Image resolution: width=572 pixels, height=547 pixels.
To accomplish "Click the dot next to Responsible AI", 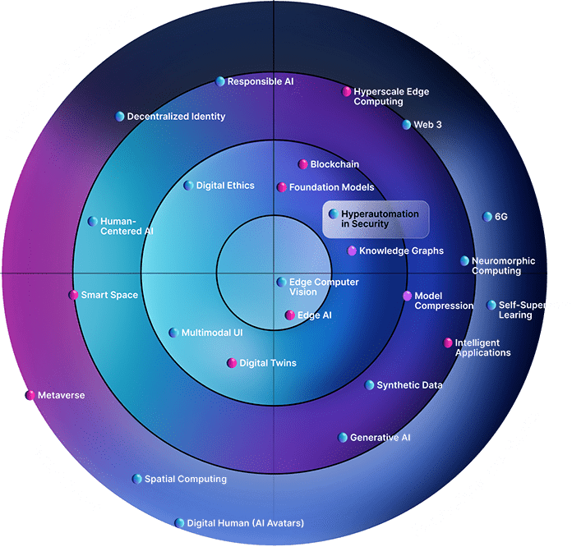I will pos(220,81).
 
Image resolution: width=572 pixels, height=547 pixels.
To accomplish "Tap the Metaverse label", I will pos(61,395).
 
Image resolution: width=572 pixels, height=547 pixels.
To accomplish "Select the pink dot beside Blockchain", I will pos(303,164).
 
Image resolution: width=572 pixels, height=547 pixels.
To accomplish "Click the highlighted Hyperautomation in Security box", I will pos(376,219).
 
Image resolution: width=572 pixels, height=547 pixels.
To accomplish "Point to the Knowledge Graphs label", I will pos(401,251).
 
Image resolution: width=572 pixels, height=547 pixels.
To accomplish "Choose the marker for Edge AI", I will pos(289,315).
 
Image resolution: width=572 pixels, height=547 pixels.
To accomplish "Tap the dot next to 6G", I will pos(487,217).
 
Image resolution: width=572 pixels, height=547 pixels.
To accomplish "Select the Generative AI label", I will pos(380,437).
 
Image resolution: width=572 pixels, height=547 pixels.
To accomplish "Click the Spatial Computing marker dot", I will pos(137,479).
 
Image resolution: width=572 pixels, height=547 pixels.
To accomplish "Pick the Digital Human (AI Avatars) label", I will pos(245,522).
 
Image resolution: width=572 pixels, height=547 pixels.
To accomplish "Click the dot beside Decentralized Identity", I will pos(120,116).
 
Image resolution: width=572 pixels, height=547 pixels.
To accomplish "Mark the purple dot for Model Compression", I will pos(407,296).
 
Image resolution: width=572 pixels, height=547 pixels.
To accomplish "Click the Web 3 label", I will pos(427,125).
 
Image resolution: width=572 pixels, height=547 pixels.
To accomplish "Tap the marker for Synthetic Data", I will pos(370,384).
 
